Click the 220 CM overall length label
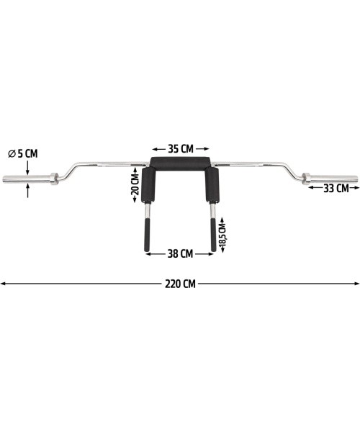pyautogui.click(x=180, y=284)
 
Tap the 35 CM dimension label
pyautogui.click(x=181, y=149)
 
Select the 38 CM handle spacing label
pyautogui.click(x=180, y=253)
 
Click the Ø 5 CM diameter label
pyautogui.click(x=23, y=154)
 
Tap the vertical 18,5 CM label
pyautogui.click(x=222, y=234)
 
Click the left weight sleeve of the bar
pyautogui.click(x=27, y=179)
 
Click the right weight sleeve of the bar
pyautogui.click(x=334, y=179)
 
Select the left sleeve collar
pyautogui.click(x=54, y=179)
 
